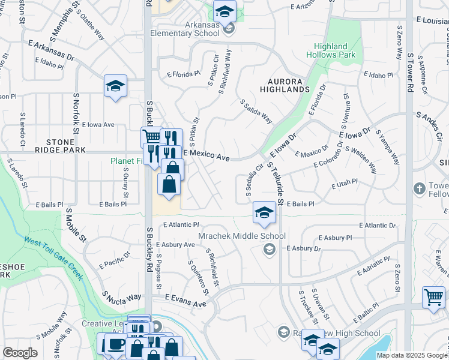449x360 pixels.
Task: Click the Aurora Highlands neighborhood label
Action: tap(285, 84)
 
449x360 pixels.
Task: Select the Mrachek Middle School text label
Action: tap(242, 236)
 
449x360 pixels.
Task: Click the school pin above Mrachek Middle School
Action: tap(264, 213)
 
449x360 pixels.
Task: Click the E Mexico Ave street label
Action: tap(206, 156)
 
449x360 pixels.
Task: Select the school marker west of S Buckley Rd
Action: tap(115, 86)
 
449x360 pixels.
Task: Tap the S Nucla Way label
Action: tap(121, 298)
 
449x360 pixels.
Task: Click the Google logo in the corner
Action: tap(20, 353)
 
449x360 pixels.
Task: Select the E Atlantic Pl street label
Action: tap(180, 225)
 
